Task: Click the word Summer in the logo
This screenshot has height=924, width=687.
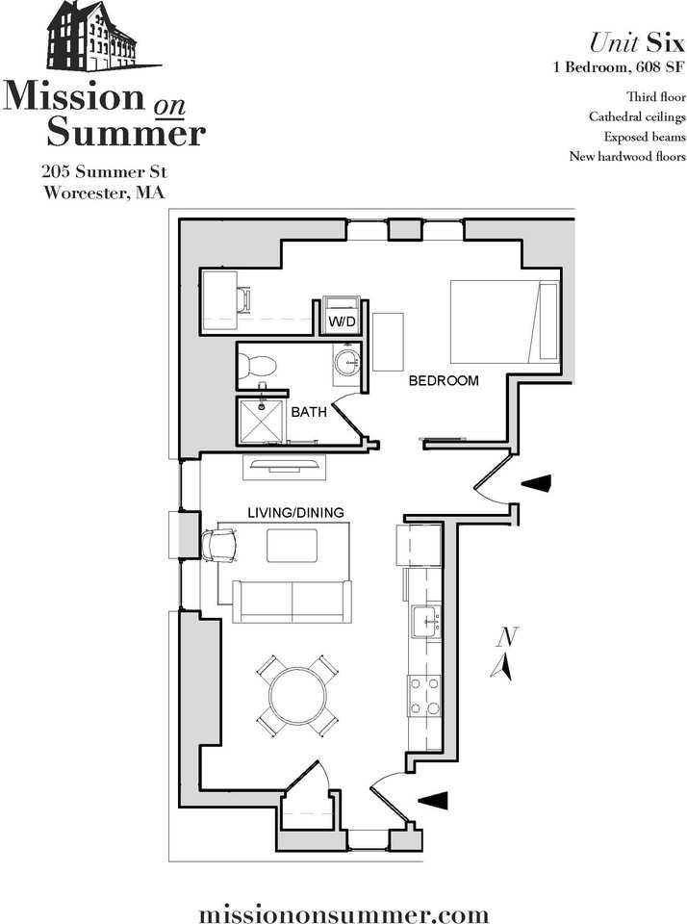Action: pos(126,132)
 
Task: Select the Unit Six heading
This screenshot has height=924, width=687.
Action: pos(636,43)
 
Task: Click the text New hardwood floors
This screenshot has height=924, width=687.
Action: pos(626,156)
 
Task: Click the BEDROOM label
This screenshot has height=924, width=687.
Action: pos(443,381)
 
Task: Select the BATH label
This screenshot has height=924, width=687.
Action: pos(309,412)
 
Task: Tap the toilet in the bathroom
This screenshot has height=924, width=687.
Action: pos(258,364)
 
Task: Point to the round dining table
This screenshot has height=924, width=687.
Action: pos(297,696)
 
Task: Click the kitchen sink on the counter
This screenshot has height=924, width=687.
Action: pos(424,623)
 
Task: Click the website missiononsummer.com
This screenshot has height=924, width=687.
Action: pos(343,912)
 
